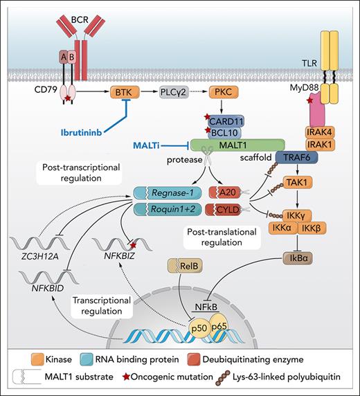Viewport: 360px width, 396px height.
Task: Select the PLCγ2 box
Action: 174,91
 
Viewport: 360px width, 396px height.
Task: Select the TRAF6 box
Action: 300,158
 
